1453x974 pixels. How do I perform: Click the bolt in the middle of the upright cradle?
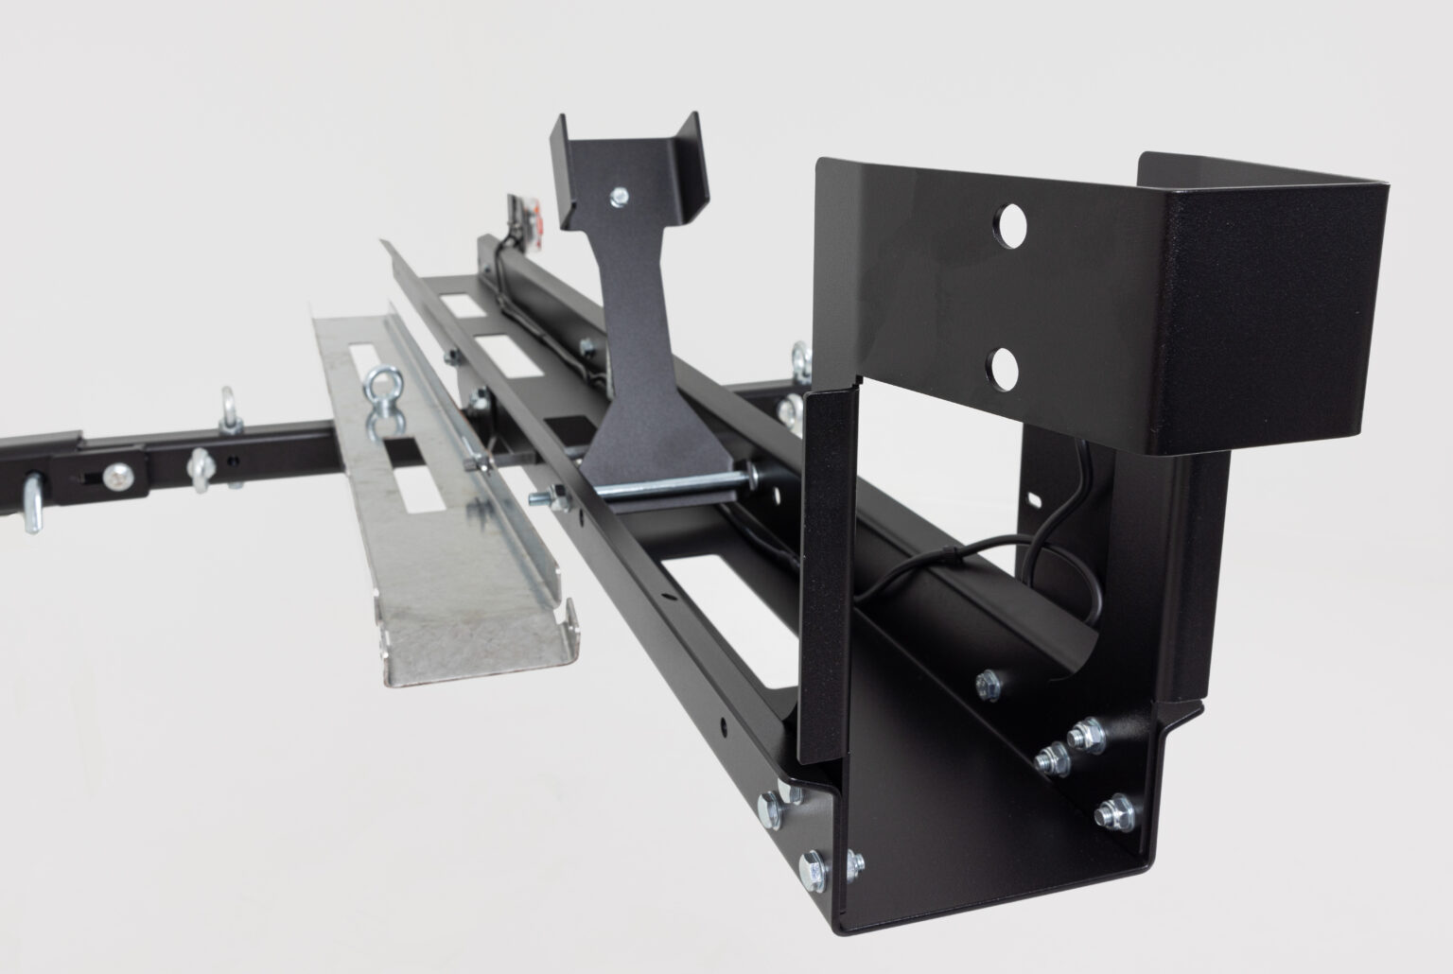click(x=620, y=196)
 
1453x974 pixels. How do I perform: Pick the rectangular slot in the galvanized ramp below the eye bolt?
click(x=410, y=489)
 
